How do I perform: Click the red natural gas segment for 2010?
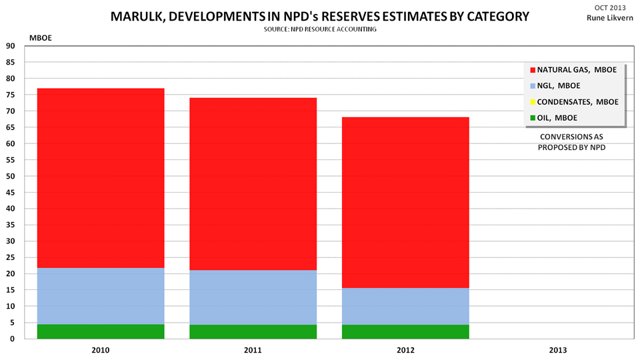pos(101,178)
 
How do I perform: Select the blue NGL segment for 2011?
pos(253,297)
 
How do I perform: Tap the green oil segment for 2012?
pos(405,332)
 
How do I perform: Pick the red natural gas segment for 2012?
pos(405,203)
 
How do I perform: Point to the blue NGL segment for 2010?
pos(101,296)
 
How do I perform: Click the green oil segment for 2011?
pos(253,332)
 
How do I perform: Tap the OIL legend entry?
pos(557,118)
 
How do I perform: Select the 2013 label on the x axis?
pos(557,349)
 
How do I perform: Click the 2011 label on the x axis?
pos(253,349)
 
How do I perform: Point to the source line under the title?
pos(320,30)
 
